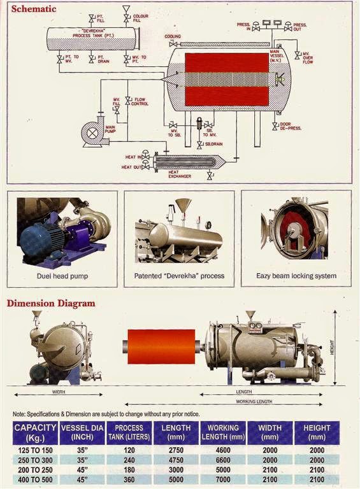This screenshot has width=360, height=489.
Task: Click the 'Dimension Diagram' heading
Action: tap(51, 303)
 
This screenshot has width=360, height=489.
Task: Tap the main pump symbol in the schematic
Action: tap(92, 134)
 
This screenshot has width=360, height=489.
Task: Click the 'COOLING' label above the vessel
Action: tap(173, 36)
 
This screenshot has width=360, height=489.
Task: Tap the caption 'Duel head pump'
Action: tap(62, 276)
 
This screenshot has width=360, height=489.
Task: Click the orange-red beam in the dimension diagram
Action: tap(162, 346)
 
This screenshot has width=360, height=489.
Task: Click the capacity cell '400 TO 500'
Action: tap(35, 478)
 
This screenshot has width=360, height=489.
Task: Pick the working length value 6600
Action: tap(223, 460)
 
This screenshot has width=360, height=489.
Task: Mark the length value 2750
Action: tap(176, 450)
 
